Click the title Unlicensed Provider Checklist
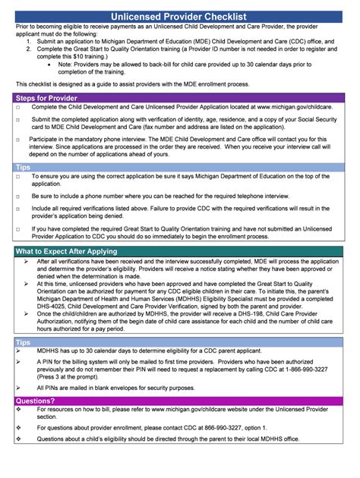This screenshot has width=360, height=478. (x=180, y=16)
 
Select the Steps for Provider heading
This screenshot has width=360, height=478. (x=47, y=98)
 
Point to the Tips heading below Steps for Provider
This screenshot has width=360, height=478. (x=24, y=166)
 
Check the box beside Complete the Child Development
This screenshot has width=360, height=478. (x=17, y=108)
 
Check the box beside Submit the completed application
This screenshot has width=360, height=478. (x=17, y=120)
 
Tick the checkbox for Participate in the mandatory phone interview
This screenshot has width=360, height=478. (x=17, y=140)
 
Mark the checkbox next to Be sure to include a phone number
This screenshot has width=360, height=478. (x=17, y=196)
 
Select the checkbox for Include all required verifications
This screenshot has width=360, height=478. (x=17, y=206)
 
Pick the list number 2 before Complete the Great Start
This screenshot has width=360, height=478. (x=28, y=47)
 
